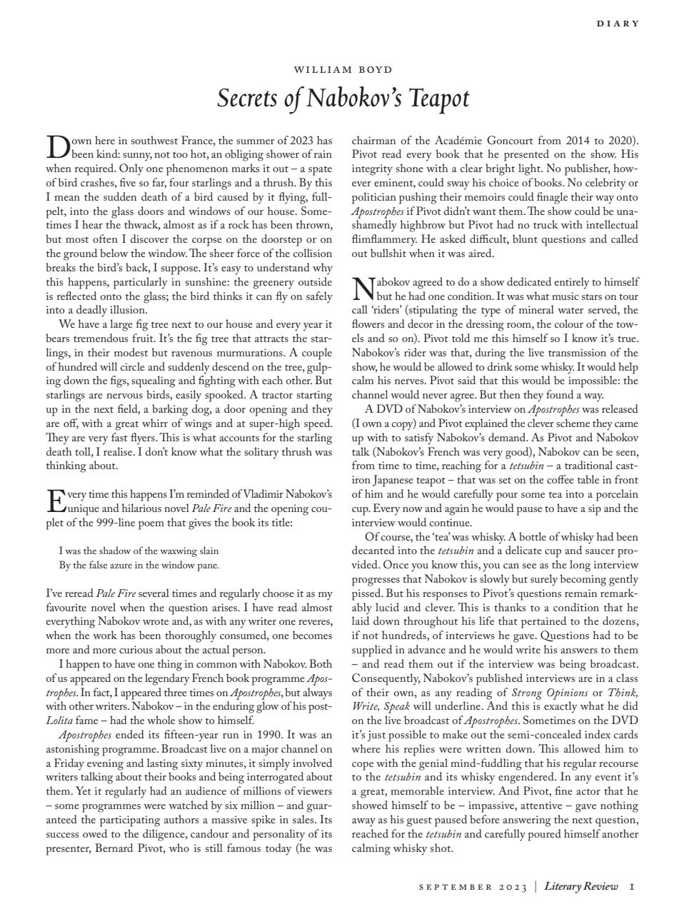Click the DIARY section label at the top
tap(618, 24)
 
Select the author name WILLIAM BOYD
tap(343, 69)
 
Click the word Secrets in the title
tap(249, 98)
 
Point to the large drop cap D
tap(57, 146)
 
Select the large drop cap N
tap(363, 288)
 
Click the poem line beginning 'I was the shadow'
tap(139, 551)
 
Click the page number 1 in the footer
tap(633, 886)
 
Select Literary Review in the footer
tap(581, 886)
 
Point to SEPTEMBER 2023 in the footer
tap(472, 887)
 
